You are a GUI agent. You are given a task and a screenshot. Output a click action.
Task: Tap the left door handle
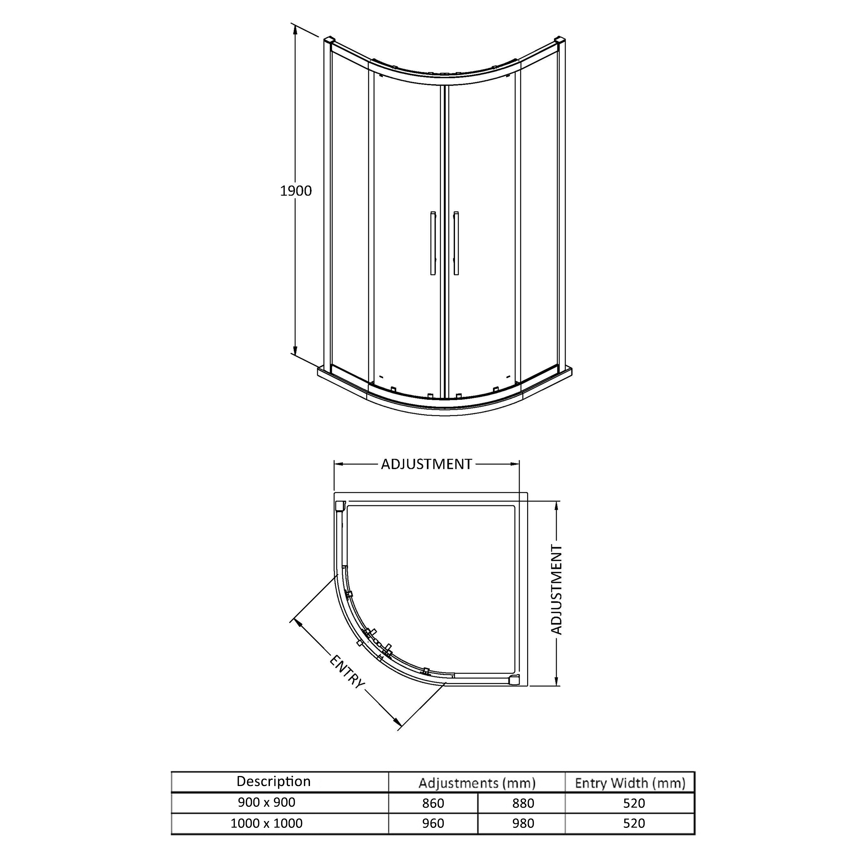pos(433,243)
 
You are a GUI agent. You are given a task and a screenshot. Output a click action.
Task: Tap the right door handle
pos(456,243)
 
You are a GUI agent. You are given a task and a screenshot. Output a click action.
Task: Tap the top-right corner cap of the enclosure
pos(560,41)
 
